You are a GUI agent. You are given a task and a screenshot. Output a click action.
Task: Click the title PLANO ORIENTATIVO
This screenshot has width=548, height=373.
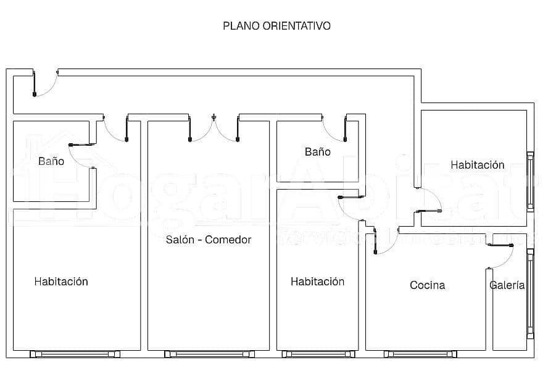point(276,26)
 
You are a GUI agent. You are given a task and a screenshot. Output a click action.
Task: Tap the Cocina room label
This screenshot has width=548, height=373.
point(427,285)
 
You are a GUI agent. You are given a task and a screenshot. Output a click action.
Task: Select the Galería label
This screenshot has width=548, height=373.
point(507,285)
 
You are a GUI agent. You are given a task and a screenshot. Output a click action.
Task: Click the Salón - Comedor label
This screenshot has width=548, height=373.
point(209,240)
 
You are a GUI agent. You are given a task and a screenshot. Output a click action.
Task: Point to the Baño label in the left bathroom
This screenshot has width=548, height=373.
point(51,161)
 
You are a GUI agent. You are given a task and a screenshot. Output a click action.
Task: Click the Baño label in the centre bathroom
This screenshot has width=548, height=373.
point(317,152)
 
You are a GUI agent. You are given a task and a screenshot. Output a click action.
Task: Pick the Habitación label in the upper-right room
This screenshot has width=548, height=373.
point(477,165)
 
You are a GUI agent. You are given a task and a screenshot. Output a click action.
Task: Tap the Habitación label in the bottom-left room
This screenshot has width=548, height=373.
point(61,282)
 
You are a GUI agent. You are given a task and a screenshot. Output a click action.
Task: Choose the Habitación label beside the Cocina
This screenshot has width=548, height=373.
point(317,282)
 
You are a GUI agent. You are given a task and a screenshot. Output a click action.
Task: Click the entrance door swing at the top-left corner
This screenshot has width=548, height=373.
point(43,85)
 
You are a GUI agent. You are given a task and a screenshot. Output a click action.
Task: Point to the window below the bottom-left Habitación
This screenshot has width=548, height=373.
point(71,354)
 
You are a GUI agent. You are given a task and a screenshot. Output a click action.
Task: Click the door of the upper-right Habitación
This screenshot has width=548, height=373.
point(428,200)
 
